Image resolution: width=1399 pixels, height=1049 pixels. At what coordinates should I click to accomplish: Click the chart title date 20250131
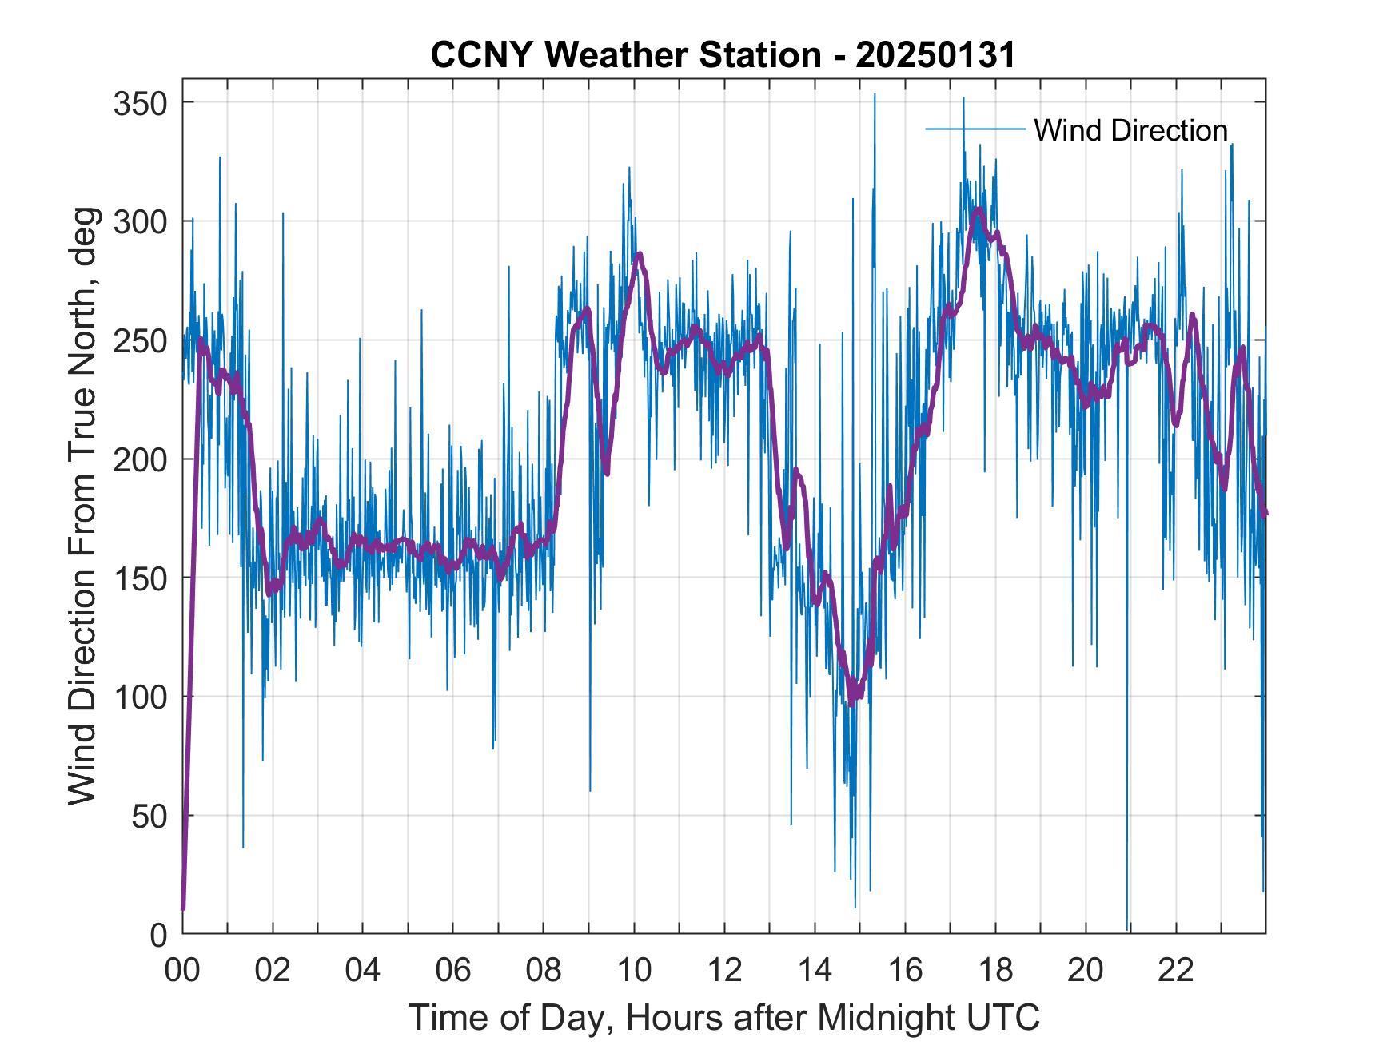935,55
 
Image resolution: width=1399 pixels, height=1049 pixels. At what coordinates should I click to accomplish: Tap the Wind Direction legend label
1130,130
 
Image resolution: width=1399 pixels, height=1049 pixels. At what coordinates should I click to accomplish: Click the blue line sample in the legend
975,129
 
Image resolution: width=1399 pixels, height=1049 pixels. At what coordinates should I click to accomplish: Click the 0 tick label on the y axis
158,935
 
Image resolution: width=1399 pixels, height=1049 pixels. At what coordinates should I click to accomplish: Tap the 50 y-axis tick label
149,816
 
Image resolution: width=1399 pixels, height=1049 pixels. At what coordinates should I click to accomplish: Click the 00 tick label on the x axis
182,971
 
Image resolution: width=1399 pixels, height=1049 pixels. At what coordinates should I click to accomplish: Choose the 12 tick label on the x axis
724,971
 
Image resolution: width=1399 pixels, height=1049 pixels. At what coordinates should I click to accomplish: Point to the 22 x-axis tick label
1176,971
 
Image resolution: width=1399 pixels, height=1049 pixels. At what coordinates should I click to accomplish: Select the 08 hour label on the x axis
544,971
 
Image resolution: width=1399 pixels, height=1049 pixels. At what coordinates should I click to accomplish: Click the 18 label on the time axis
995,971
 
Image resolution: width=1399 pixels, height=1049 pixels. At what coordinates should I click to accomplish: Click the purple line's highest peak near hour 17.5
977,210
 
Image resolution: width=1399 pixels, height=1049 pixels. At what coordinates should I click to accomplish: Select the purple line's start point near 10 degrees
183,908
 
